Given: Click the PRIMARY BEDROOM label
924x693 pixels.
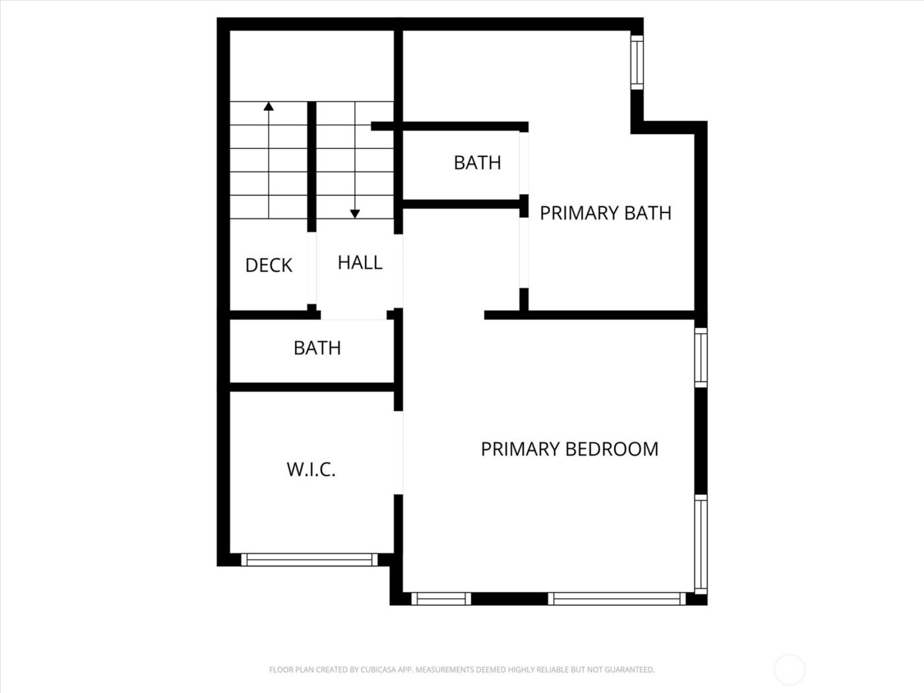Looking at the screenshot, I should click(x=569, y=449).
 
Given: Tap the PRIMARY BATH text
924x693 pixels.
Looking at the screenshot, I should click(x=605, y=213).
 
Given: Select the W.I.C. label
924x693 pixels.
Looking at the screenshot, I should click(x=311, y=470).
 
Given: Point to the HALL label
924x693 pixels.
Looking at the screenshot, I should click(x=360, y=263).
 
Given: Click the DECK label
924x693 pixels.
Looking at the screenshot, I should click(x=269, y=265).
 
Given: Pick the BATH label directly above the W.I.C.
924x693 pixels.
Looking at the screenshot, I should click(x=317, y=348).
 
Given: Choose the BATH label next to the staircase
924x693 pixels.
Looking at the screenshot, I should click(x=477, y=162).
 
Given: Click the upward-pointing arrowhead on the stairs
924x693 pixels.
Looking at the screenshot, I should click(x=268, y=106).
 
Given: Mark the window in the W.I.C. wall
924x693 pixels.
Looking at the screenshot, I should click(x=309, y=560).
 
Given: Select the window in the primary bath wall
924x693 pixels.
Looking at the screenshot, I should click(x=636, y=62).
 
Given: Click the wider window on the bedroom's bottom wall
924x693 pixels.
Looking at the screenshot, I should click(x=617, y=599).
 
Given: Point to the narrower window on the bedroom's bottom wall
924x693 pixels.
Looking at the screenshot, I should click(x=441, y=599).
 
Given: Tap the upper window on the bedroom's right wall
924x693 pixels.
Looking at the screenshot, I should click(x=700, y=357).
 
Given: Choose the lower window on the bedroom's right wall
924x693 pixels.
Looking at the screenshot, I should click(x=700, y=544).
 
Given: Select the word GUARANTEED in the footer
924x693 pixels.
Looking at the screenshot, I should click(x=630, y=670).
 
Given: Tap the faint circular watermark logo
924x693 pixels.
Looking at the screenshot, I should click(x=789, y=669).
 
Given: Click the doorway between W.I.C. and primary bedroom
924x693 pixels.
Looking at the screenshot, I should click(x=399, y=452).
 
